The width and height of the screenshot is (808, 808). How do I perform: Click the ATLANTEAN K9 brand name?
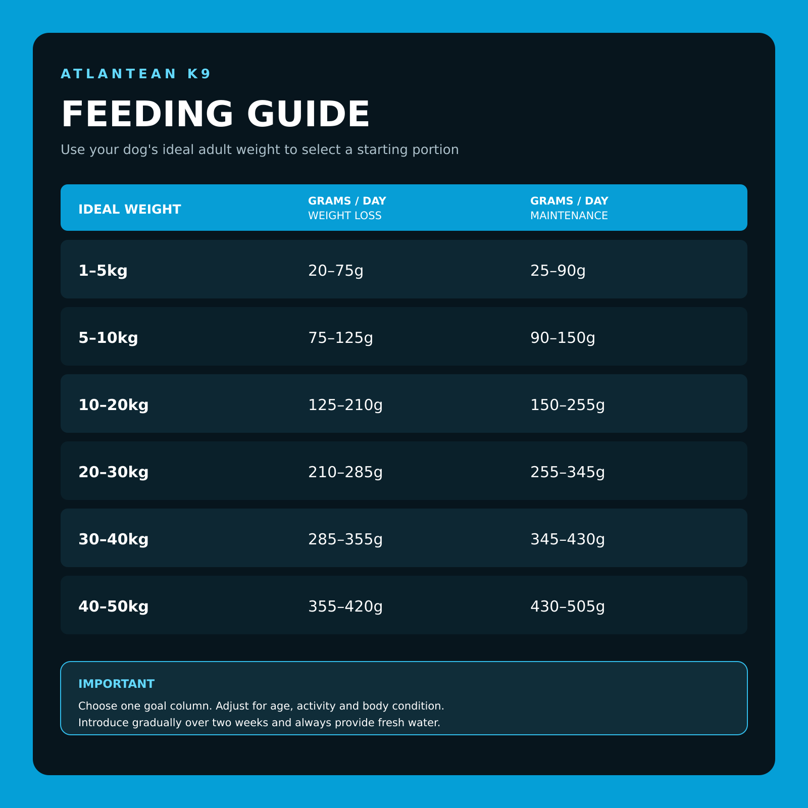(135, 74)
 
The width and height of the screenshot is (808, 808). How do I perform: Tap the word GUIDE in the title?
(309, 114)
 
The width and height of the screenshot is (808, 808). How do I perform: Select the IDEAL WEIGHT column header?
(130, 209)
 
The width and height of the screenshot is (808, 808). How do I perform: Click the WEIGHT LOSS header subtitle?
(345, 216)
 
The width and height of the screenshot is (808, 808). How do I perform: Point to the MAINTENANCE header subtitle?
(569, 216)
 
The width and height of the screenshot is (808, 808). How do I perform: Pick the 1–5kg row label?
(103, 271)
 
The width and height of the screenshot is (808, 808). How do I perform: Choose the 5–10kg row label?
(108, 338)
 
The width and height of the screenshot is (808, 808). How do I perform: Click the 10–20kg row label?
(114, 405)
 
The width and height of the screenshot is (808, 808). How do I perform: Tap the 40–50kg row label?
(114, 606)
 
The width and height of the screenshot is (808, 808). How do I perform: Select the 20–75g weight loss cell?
(336, 271)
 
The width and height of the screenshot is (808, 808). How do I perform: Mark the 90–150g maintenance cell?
(563, 338)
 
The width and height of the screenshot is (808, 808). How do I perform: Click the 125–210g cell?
(345, 405)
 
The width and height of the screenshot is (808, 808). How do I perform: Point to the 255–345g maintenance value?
(568, 472)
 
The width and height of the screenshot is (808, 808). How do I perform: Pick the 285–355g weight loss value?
(345, 540)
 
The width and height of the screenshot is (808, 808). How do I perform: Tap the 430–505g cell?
(568, 606)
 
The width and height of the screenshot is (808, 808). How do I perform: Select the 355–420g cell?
(345, 606)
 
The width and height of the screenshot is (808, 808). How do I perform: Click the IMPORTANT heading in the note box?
(116, 684)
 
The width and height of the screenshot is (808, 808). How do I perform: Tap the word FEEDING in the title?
(147, 114)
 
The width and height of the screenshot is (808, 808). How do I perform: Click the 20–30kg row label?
(114, 472)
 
